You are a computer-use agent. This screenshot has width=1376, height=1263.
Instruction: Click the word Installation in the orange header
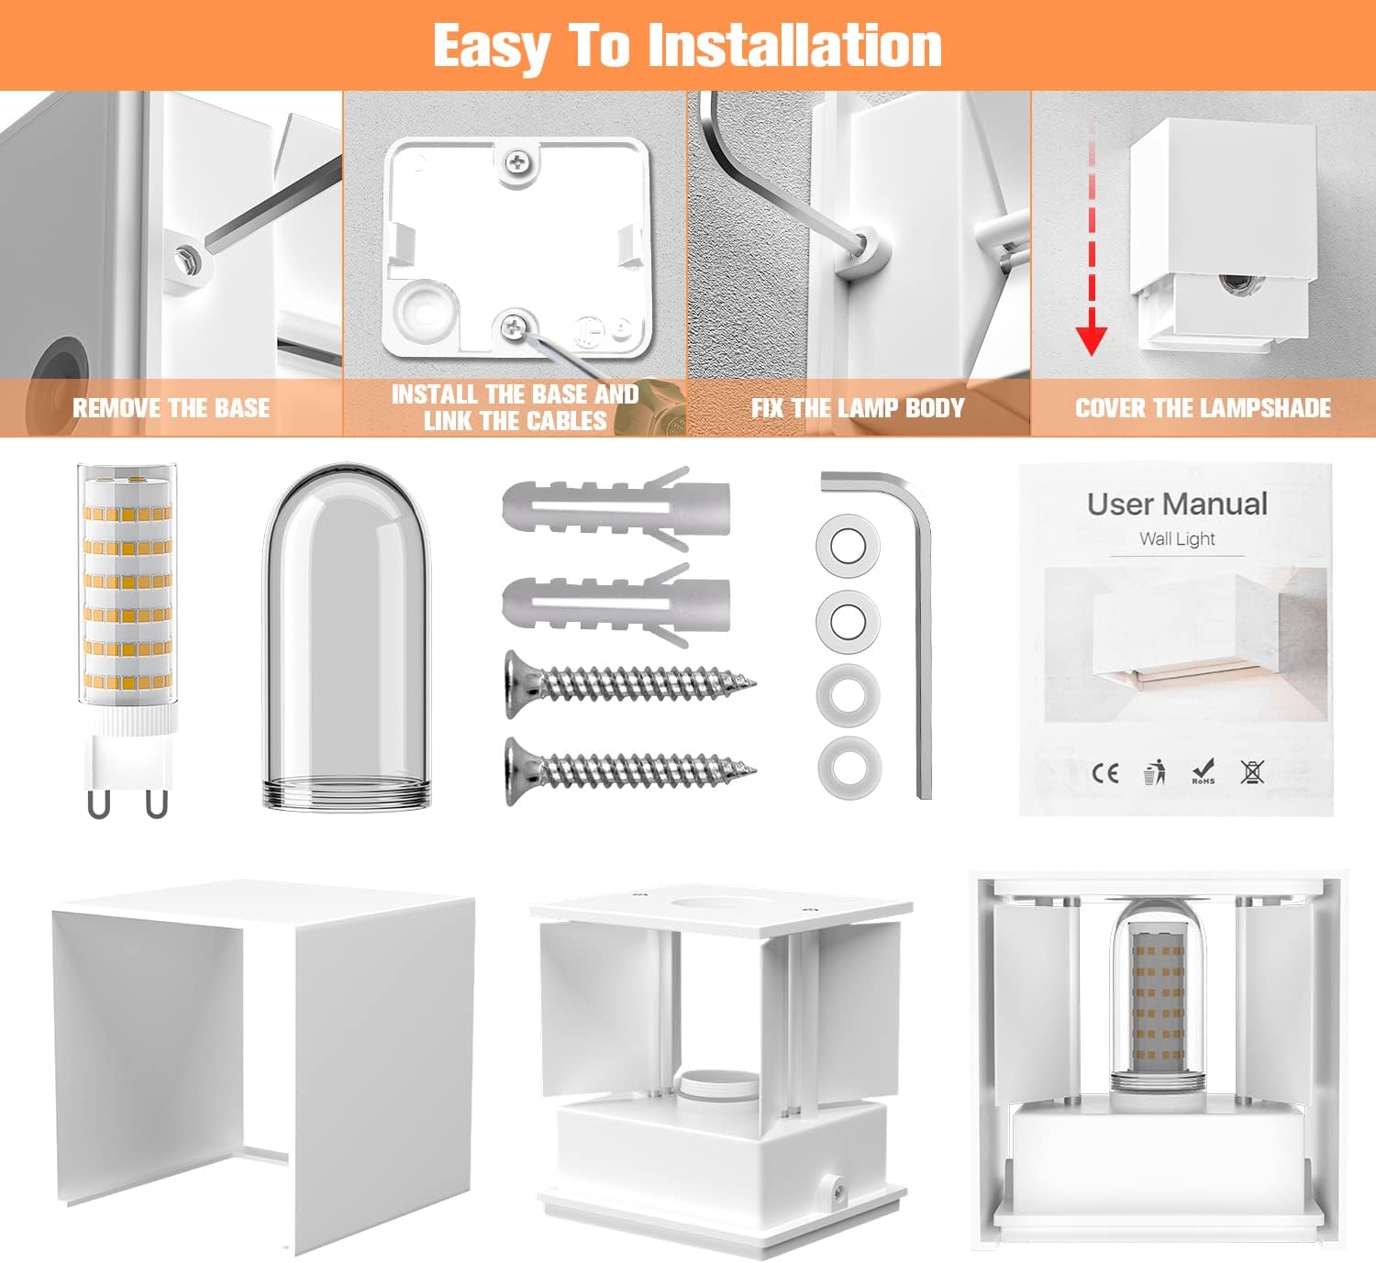pos(795,45)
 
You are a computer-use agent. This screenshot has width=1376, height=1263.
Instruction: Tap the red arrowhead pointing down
pos(1092,338)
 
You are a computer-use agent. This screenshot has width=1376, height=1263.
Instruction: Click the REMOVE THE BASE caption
pos(172,408)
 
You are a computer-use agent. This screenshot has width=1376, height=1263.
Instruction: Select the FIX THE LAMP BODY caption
pos(858,408)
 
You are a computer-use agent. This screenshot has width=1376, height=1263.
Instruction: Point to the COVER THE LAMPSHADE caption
pos(1204,408)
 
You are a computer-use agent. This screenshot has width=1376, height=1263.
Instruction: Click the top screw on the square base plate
pos(517,163)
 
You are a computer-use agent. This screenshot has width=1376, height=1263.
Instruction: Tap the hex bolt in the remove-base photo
pos(186,260)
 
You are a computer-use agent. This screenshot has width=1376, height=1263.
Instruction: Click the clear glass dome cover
pos(347,636)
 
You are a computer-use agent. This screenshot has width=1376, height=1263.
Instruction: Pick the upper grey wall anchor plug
pos(616,508)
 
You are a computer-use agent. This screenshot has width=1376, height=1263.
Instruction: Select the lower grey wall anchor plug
pos(616,605)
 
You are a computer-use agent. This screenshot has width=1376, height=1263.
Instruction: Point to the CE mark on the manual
pos(1105,773)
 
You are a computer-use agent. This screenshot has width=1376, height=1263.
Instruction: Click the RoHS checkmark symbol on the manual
pos(1204,771)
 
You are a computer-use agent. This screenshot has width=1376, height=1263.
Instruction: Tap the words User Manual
pos(1177,504)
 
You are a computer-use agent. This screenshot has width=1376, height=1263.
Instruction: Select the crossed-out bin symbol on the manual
pos(1252,771)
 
